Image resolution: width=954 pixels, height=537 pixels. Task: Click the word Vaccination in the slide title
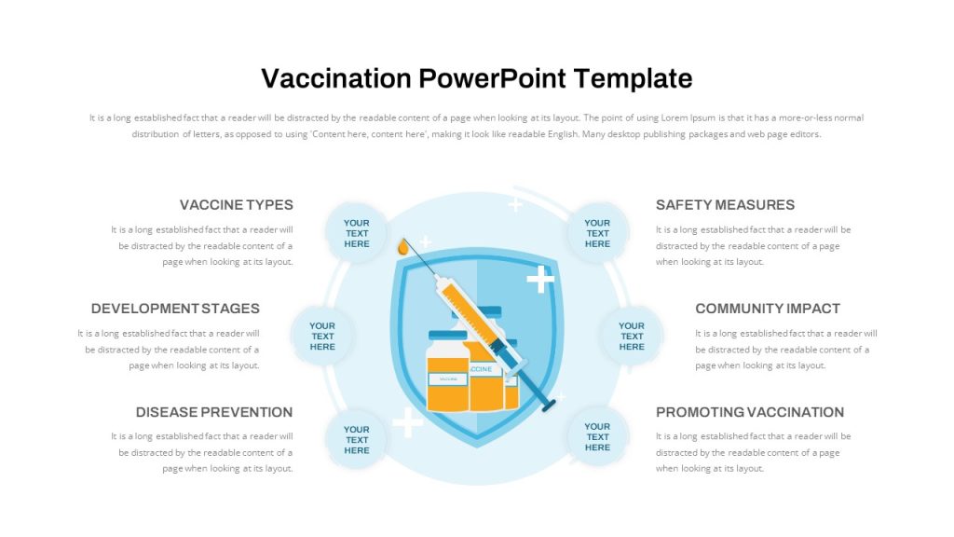pyautogui.click(x=335, y=78)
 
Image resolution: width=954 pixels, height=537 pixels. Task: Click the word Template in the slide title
pyautogui.click(x=633, y=78)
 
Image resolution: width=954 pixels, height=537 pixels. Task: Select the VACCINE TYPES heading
pyautogui.click(x=236, y=204)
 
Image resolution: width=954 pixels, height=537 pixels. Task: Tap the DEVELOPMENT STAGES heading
pyautogui.click(x=175, y=308)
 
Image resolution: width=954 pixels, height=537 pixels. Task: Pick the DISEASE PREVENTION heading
pyautogui.click(x=214, y=411)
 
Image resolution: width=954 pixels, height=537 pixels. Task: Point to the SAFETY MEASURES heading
pyautogui.click(x=725, y=204)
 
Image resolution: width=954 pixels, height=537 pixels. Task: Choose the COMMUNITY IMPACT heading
pyautogui.click(x=768, y=308)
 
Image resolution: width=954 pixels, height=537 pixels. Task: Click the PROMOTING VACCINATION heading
pyautogui.click(x=750, y=411)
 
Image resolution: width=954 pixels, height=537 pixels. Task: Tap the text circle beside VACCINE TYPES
pyautogui.click(x=357, y=233)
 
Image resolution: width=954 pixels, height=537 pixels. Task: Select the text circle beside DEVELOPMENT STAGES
pyautogui.click(x=322, y=336)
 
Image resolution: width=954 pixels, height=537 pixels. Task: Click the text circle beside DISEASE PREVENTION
pyautogui.click(x=357, y=440)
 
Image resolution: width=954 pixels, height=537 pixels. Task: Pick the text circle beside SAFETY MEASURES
pyautogui.click(x=597, y=233)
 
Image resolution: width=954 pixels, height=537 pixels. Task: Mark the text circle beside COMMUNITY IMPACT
pyautogui.click(x=632, y=336)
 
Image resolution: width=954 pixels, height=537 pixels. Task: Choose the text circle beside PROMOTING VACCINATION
pyautogui.click(x=597, y=436)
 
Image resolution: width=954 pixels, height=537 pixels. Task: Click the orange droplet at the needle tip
pyautogui.click(x=402, y=246)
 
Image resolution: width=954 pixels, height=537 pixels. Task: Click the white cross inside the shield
pyautogui.click(x=540, y=279)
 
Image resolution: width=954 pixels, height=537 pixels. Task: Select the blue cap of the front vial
pyautogui.click(x=448, y=335)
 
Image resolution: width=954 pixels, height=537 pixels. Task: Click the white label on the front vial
pyautogui.click(x=448, y=379)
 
